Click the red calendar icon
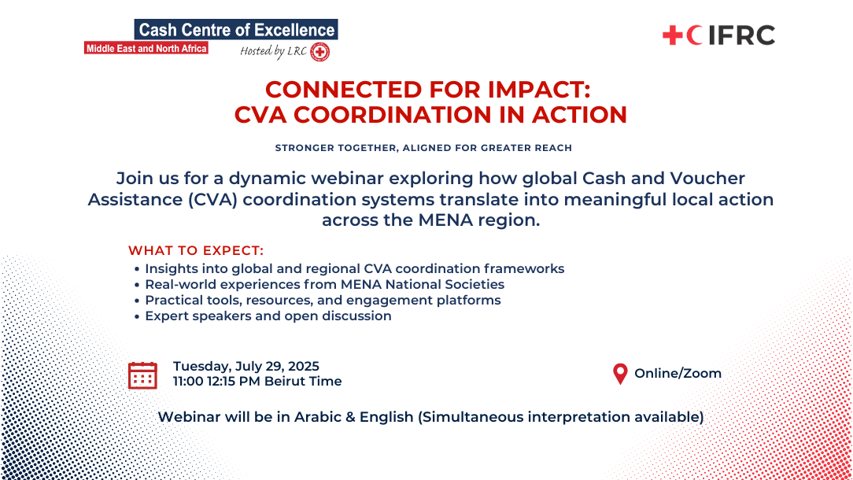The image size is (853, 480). (x=142, y=375)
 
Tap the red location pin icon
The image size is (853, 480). (x=620, y=374)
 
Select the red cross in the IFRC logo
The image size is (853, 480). (x=672, y=35)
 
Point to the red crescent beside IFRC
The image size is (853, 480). (x=692, y=35)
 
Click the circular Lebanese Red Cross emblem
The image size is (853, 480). (x=319, y=52)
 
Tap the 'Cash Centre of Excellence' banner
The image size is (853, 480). (x=236, y=29)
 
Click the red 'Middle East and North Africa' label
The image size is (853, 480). (x=146, y=49)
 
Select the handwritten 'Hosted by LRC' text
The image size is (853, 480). (x=273, y=51)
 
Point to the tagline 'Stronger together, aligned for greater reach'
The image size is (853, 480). (x=423, y=148)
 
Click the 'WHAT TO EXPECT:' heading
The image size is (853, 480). (x=196, y=250)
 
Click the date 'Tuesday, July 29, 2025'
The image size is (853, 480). (x=246, y=366)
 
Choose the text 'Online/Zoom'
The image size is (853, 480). (x=678, y=373)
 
